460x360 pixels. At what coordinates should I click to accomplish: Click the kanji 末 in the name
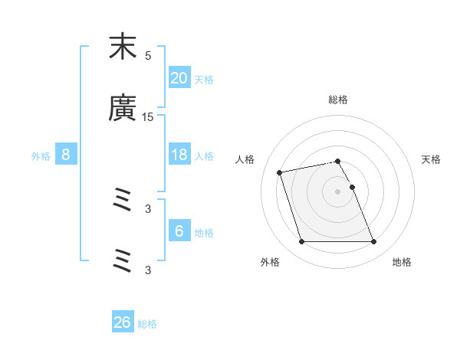click(x=123, y=47)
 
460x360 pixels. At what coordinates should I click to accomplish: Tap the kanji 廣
click(x=123, y=109)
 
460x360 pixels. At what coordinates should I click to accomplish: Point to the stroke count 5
click(x=148, y=56)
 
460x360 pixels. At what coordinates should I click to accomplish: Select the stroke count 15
click(x=148, y=117)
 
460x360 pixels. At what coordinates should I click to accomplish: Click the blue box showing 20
click(x=179, y=78)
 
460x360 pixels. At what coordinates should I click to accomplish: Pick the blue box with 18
click(x=179, y=155)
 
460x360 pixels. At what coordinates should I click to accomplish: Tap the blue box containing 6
click(x=179, y=231)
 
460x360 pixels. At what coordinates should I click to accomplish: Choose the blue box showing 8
click(x=66, y=155)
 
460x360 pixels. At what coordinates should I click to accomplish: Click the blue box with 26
click(x=123, y=323)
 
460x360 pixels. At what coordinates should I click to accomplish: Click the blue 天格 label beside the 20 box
click(x=203, y=80)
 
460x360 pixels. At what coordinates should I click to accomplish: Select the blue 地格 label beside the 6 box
click(x=203, y=233)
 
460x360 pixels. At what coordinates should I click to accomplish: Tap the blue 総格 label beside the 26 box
click(x=147, y=325)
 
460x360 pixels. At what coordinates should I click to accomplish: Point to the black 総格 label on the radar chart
click(x=338, y=100)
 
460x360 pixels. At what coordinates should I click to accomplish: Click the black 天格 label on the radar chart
click(x=432, y=159)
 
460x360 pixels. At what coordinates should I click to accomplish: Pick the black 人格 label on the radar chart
click(x=245, y=159)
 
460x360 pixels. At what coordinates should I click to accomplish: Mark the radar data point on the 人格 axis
click(x=280, y=172)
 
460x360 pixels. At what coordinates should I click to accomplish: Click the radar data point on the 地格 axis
click(x=373, y=242)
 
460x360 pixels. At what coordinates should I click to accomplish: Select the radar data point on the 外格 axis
click(x=301, y=242)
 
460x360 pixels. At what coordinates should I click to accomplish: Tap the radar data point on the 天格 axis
click(x=352, y=187)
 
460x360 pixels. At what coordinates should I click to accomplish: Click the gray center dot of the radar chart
click(x=338, y=191)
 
